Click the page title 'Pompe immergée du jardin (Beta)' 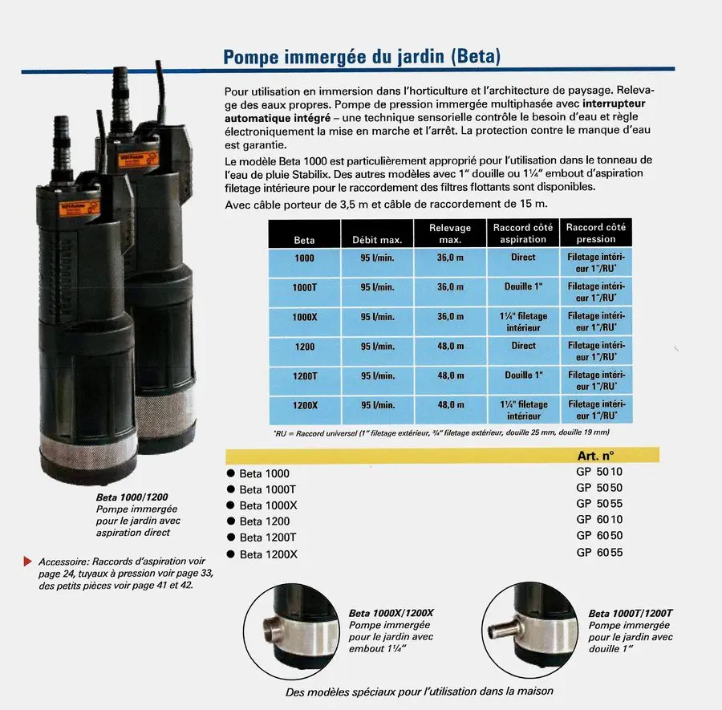(362, 57)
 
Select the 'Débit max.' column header (377, 240)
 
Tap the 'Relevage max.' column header (450, 233)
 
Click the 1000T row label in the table (304, 288)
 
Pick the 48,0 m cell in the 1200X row (451, 404)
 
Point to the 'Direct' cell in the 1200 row (524, 345)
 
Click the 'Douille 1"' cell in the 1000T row (524, 286)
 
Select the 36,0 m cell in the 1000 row (450, 258)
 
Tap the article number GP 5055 (599, 503)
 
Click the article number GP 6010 (599, 519)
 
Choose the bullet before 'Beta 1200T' (231, 537)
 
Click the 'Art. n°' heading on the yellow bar (595, 456)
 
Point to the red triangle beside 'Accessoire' (27, 562)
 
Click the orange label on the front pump (79, 208)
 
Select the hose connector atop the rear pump (120, 92)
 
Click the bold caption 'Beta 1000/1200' (132, 497)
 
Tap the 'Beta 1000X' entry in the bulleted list (269, 505)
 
